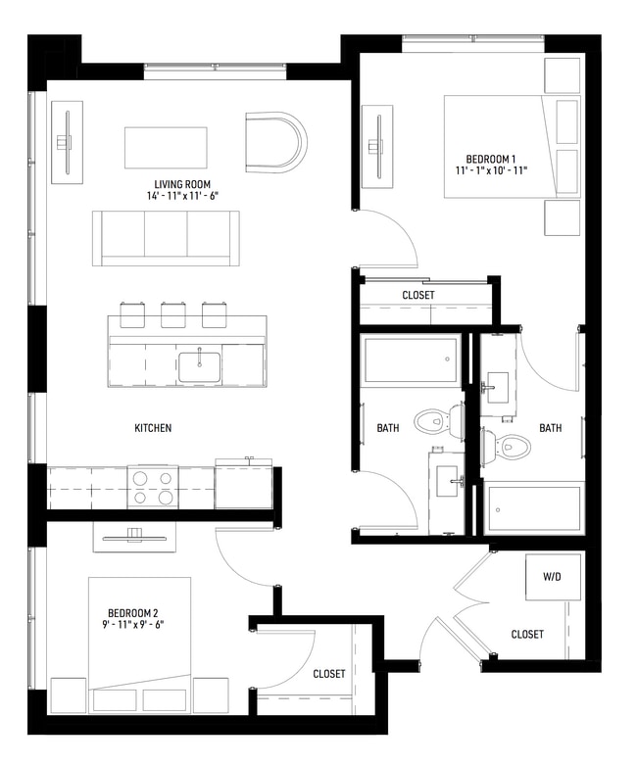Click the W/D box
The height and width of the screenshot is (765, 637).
point(546,578)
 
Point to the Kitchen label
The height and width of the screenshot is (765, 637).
point(153,428)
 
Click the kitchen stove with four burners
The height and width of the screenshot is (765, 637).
point(152,487)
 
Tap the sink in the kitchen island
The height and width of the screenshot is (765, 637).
point(199,364)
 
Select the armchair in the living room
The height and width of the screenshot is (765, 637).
point(275,140)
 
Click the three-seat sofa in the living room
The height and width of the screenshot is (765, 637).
point(166,238)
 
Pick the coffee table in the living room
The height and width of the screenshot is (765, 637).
point(165,147)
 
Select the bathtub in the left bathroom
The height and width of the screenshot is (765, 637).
point(410,359)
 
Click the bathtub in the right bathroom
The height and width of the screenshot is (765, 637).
point(535,509)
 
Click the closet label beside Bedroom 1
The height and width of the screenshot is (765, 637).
point(418,295)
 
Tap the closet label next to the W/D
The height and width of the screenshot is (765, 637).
point(527,635)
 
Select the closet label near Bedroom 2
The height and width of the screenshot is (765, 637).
point(329,674)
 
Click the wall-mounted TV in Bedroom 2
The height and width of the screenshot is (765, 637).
point(134,534)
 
